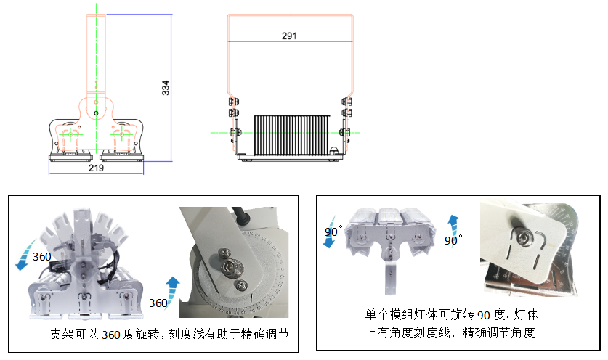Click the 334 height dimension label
click(x=166, y=88)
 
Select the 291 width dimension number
click(x=288, y=35)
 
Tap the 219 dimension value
click(x=96, y=168)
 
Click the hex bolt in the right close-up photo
click(x=524, y=237)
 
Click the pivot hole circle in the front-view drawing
click(x=97, y=113)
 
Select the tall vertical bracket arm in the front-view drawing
click(x=97, y=54)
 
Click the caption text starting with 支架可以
click(x=174, y=335)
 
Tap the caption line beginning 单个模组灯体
click(x=450, y=315)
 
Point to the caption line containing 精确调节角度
click(x=450, y=333)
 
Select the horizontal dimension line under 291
click(x=288, y=42)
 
